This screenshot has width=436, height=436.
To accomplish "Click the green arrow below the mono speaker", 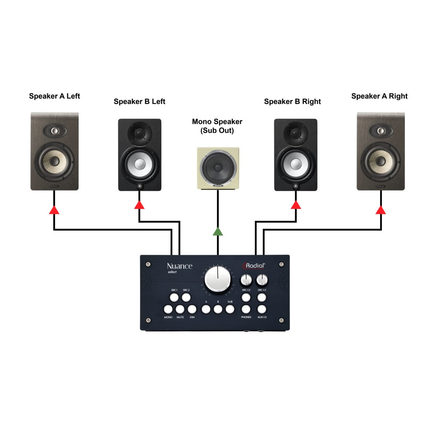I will [x=218, y=231].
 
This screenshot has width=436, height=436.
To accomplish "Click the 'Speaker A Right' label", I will [x=379, y=96].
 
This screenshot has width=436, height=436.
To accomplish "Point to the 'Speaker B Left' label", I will [x=140, y=102].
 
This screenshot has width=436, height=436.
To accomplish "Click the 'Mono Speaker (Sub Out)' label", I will [x=217, y=126].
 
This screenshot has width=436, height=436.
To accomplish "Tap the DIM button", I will [x=192, y=310].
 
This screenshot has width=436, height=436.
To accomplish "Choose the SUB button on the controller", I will [x=230, y=310].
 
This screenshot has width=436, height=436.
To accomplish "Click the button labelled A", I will [x=206, y=310].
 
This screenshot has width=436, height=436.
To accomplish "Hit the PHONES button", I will [x=246, y=310].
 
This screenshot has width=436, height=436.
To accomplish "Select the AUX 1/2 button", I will [x=262, y=310].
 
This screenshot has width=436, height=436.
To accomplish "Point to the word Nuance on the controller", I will [x=179, y=266].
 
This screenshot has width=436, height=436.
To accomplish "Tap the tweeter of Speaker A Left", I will [x=54, y=130].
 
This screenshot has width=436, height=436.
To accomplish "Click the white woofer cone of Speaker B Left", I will [x=140, y=164].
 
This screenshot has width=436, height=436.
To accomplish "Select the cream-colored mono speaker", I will [x=218, y=169].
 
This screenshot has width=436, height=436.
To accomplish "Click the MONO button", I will [x=168, y=310].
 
